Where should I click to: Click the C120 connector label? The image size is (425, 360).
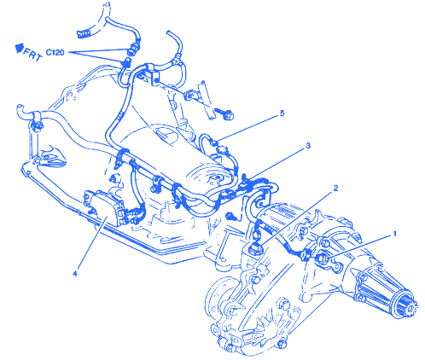point(55,52)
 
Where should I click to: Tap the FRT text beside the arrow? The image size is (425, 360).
point(32,55)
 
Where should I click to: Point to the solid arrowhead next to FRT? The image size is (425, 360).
point(20,48)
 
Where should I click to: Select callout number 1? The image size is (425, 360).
point(394,234)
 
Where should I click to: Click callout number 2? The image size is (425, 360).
point(335,188)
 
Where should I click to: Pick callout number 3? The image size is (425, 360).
point(308,146)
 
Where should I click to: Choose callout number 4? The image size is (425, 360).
point(75,273)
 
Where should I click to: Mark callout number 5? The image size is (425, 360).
point(282,113)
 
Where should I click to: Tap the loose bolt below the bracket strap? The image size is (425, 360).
point(224,113)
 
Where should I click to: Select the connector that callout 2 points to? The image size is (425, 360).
point(256,249)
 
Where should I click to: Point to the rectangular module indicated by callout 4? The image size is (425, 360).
point(103,207)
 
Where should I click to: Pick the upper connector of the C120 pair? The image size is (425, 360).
point(134,49)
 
